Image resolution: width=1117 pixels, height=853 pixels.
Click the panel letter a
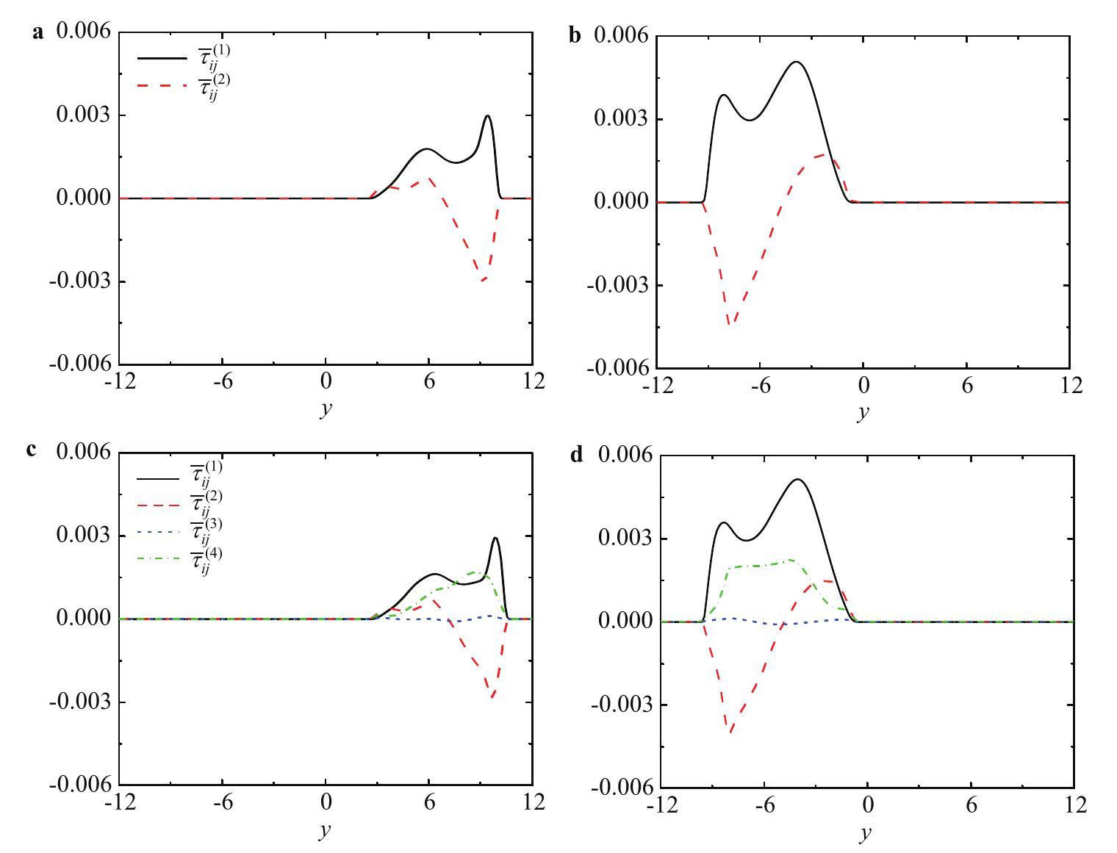click(x=39, y=32)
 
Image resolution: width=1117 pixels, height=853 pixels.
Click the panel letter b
click(x=575, y=36)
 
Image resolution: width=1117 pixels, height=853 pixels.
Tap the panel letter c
click(x=32, y=449)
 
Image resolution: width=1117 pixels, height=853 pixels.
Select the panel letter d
click(x=578, y=456)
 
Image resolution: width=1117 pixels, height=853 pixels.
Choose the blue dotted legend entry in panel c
click(x=157, y=533)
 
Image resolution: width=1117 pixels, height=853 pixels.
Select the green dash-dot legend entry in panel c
click(x=157, y=560)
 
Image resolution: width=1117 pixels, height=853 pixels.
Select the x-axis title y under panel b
click(x=863, y=411)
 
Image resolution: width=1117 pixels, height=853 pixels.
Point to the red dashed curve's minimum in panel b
click(x=730, y=323)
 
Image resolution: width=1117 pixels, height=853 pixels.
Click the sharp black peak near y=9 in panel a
click(x=487, y=116)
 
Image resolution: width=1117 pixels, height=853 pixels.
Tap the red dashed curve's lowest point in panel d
click(x=730, y=733)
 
